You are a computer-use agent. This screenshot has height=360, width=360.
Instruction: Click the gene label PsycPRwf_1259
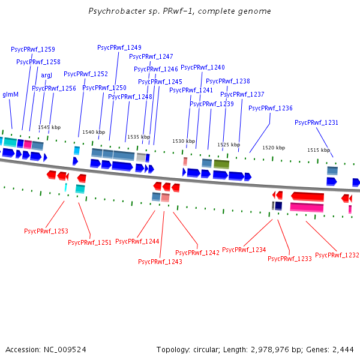33,49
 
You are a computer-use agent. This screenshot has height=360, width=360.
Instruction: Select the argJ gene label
47,75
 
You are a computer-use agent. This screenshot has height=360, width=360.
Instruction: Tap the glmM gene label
11,94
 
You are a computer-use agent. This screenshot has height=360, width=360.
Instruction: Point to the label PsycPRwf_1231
316,122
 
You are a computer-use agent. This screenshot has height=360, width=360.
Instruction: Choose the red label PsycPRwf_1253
46,231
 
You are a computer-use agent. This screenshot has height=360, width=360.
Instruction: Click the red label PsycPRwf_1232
337,255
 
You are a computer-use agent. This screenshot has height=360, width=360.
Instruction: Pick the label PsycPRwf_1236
270,108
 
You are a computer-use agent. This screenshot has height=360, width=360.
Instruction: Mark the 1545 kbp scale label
49,127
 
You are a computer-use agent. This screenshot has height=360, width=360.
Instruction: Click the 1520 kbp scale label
274,148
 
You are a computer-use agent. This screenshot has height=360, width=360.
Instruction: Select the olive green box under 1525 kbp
221,164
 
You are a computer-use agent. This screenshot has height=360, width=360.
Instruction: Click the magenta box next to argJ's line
28,144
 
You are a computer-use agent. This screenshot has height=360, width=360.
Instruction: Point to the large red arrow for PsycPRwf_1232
307,196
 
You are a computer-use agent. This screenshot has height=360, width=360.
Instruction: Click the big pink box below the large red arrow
307,207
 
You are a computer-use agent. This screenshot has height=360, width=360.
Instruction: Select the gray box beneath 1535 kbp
141,157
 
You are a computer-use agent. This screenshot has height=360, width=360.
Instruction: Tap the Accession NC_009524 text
46,349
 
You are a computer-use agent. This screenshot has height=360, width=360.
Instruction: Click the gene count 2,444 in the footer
344,349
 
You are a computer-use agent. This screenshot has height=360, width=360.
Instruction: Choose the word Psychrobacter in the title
111,11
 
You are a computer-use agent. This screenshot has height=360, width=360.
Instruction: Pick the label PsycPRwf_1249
119,47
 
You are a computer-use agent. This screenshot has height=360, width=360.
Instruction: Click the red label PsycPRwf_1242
197,253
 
